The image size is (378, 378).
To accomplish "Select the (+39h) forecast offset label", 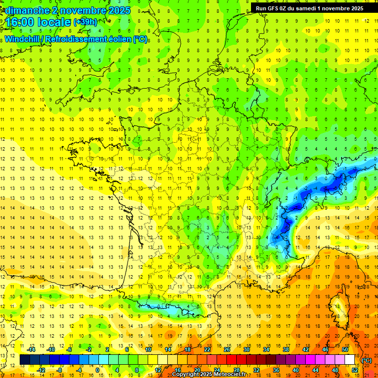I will tap(85, 22).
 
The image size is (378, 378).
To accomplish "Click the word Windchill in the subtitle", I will tap(23, 39).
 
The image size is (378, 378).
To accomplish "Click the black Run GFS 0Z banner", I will tap(310, 8).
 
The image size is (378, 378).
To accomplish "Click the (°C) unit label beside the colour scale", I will tap(367, 360).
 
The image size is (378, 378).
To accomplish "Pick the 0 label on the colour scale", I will tap(97, 370).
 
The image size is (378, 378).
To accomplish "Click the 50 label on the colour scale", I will tap(345, 349).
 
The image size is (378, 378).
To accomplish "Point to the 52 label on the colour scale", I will tap(354, 370).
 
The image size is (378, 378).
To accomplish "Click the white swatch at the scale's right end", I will tap(350, 360).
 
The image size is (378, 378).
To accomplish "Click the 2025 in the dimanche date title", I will tap(118, 10).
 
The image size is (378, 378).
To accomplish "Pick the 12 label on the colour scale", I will tap(158, 370).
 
